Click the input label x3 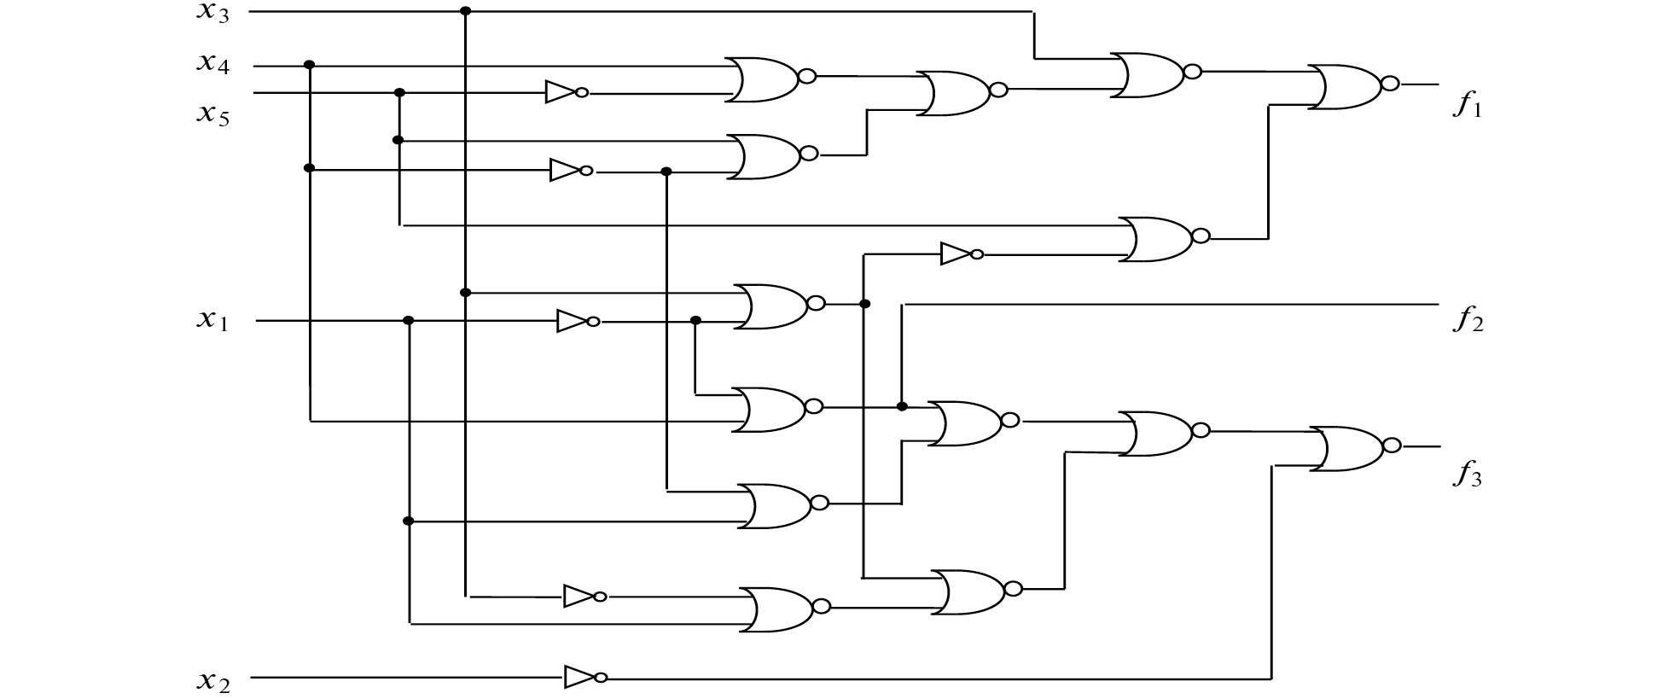(x=213, y=15)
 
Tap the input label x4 (x=213, y=64)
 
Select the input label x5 (x=213, y=114)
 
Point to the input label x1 (x=213, y=321)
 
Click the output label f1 (x=1468, y=108)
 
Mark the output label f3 (x=1468, y=475)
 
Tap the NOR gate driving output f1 (x=1350, y=86)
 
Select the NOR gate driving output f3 (x=1352, y=449)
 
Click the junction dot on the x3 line (x=465, y=11)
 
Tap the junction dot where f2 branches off (x=902, y=406)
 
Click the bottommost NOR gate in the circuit (x=780, y=609)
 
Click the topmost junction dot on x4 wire (x=310, y=65)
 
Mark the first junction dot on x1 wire (x=409, y=321)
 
